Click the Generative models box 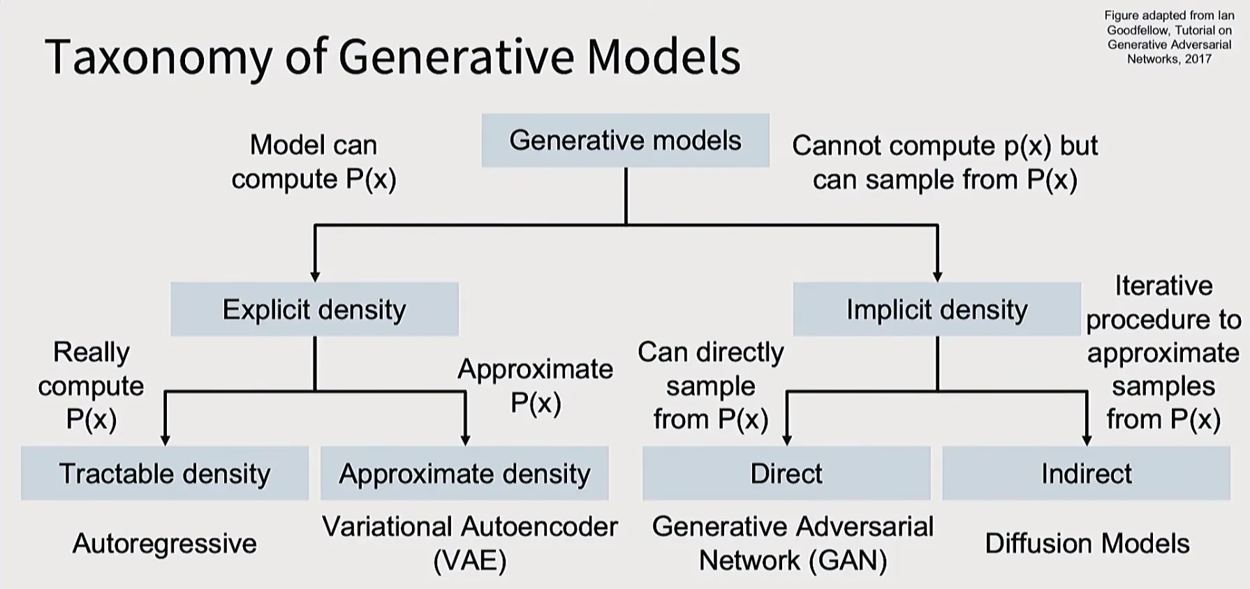click(x=625, y=140)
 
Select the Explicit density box click(x=314, y=309)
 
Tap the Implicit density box click(x=937, y=309)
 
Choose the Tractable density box click(x=165, y=473)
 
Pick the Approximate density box click(x=464, y=473)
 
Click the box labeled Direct click(x=786, y=473)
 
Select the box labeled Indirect click(x=1086, y=473)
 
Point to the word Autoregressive click(x=165, y=544)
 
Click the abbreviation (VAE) click(x=470, y=560)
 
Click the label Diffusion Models click(x=1087, y=544)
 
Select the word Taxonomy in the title click(x=159, y=58)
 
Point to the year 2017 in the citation click(x=1198, y=59)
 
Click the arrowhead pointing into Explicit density click(x=315, y=277)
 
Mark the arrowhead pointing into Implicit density click(x=937, y=277)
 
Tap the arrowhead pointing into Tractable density click(x=165, y=441)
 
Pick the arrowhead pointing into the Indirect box click(x=1087, y=441)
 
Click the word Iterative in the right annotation click(x=1164, y=285)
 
